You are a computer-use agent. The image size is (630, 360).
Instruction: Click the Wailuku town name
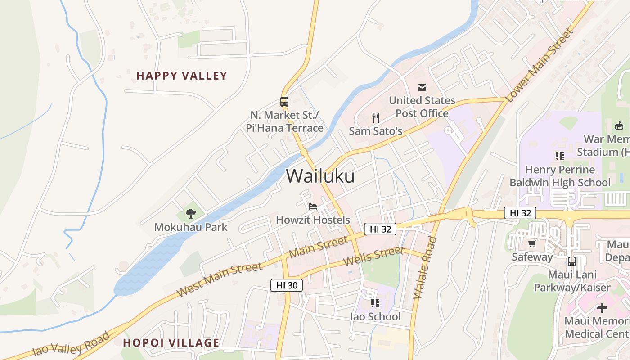click(x=320, y=176)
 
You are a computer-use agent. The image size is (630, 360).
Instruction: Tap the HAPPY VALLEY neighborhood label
click(x=181, y=76)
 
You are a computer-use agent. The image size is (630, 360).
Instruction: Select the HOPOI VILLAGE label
click(x=171, y=343)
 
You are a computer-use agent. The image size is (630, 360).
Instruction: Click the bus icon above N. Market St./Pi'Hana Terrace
click(x=284, y=102)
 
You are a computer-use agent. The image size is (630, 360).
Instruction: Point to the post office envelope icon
click(x=422, y=87)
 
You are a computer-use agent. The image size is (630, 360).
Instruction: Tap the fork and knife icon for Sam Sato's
click(x=376, y=118)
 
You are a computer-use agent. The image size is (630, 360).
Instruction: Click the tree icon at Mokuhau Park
click(x=191, y=214)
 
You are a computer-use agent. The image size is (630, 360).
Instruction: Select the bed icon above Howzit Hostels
click(x=313, y=207)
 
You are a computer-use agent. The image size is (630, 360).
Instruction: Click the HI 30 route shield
click(x=287, y=285)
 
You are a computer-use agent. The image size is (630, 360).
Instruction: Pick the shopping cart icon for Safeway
click(x=532, y=244)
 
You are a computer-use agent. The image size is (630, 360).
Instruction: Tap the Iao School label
click(x=375, y=317)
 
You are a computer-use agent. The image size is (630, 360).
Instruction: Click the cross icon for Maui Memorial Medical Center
click(x=602, y=308)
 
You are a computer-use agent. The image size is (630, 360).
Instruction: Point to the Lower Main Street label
click(x=540, y=65)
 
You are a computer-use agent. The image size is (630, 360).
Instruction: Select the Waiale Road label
click(x=425, y=267)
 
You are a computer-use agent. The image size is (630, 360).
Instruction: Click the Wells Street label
click(x=373, y=256)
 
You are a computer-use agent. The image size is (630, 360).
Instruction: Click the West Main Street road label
click(x=219, y=279)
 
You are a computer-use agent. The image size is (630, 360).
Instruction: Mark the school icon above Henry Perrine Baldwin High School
click(x=559, y=156)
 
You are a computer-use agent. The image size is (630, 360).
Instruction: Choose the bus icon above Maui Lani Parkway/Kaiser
click(x=571, y=261)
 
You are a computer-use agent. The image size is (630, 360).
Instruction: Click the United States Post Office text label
click(x=422, y=107)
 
